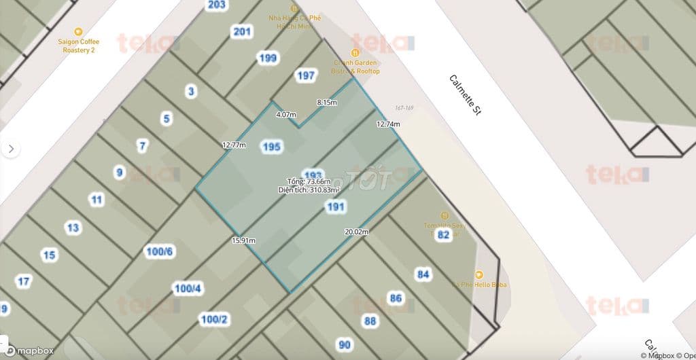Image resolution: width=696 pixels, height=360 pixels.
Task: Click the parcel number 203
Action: point(216,5)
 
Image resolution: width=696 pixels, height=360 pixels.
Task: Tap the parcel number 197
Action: point(306,75)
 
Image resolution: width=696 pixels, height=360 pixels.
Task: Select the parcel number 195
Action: point(271,147)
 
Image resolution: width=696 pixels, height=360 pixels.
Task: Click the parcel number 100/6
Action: point(160,252)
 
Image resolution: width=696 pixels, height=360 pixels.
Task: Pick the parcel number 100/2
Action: point(213,319)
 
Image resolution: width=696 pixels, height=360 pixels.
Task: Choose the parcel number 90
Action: point(345,345)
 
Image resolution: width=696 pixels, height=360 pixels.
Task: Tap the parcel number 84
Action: point(423,274)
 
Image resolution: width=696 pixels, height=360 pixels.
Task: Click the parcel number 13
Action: point(73,228)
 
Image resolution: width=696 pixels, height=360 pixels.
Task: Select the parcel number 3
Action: point(191,91)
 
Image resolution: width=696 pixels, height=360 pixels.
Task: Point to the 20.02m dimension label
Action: point(356,232)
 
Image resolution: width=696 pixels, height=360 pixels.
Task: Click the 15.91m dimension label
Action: point(243,240)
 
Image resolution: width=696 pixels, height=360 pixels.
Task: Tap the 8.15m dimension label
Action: point(327,103)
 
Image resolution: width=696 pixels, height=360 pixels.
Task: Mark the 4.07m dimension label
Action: point(286,115)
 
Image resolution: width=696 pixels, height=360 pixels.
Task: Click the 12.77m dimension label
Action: point(233,145)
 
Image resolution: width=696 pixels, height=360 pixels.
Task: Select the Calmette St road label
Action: point(465,96)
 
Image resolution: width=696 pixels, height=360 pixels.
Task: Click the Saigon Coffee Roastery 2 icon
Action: point(78,31)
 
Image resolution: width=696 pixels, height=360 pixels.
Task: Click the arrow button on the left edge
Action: point(10,149)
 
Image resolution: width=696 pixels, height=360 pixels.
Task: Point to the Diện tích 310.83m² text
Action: point(309,190)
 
